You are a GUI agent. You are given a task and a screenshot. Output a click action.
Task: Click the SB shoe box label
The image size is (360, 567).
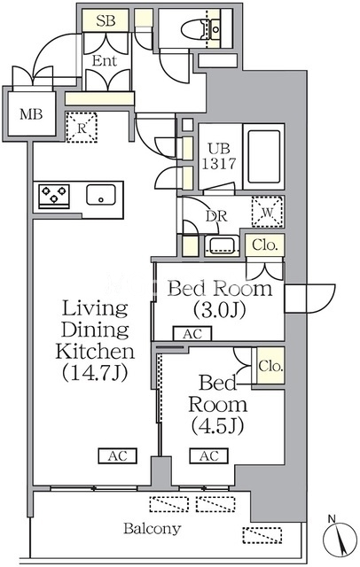(106, 21)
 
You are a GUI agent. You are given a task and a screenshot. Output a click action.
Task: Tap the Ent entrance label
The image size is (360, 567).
(105, 60)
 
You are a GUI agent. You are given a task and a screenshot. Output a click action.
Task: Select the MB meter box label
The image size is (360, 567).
(31, 114)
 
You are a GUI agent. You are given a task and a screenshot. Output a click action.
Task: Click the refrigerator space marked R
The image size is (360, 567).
(82, 128)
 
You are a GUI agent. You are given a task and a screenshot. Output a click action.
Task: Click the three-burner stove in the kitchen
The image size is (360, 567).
(54, 196)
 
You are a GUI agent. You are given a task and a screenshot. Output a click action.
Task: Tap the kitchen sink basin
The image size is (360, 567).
(101, 195)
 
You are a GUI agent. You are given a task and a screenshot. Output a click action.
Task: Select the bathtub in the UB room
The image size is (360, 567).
(263, 157)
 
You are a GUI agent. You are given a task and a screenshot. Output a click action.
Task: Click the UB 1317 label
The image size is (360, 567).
(219, 157)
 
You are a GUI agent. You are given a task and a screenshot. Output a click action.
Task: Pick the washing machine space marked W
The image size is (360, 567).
(268, 212)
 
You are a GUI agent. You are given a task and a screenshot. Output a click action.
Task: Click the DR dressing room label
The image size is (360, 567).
(216, 216)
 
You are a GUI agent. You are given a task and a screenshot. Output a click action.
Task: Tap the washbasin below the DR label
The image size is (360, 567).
(222, 245)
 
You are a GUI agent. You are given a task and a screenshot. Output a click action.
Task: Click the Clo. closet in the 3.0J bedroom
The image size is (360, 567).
(265, 245)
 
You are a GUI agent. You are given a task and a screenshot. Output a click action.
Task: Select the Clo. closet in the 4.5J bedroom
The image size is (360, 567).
(270, 366)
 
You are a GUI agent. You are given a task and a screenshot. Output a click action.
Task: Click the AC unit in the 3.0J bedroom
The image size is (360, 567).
(192, 334)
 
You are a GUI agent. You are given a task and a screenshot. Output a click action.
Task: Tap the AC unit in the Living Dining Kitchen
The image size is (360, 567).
(118, 456)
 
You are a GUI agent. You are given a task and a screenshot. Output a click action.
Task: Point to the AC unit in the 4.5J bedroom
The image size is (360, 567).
(209, 456)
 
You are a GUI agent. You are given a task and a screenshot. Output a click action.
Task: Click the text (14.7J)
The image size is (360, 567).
(95, 372)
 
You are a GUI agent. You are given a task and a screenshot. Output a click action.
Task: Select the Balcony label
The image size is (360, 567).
(152, 529)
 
